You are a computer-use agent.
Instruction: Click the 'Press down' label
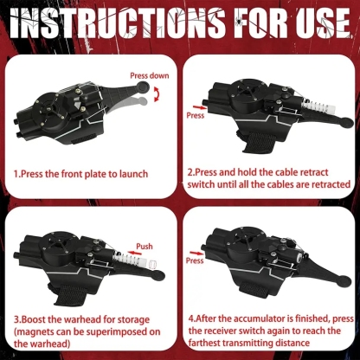tap(149, 75)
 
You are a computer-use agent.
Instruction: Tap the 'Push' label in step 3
tap(145, 246)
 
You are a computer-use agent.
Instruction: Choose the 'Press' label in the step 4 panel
tap(196, 260)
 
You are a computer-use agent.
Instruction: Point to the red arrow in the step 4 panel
tap(196, 251)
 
